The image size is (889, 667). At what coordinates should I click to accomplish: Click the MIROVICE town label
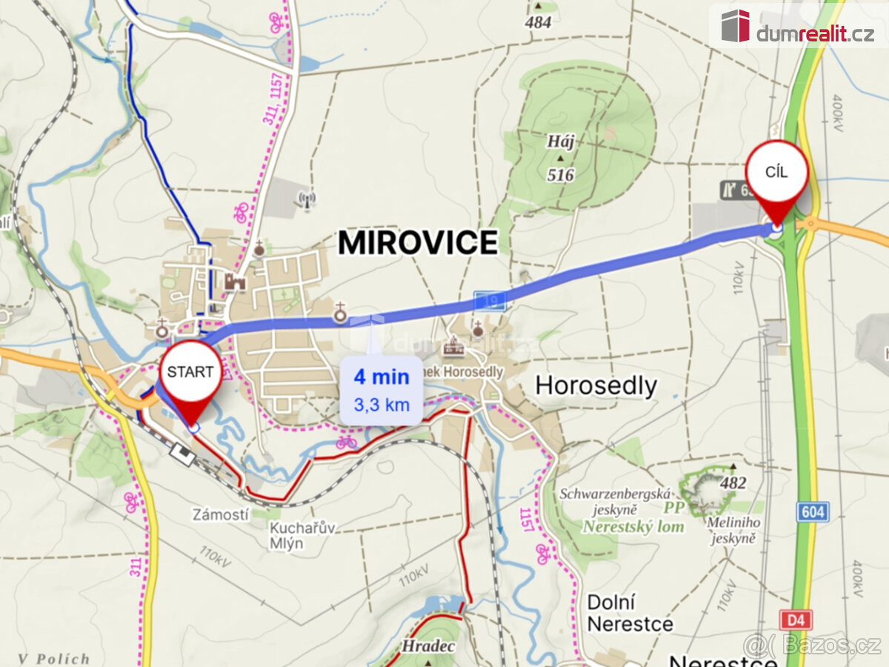point(418,243)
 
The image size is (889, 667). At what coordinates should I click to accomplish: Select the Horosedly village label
point(596,385)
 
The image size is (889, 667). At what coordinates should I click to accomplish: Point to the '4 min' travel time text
point(381,376)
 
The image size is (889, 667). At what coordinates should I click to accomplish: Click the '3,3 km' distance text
point(381,405)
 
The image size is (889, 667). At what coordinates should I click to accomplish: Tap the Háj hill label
point(561,142)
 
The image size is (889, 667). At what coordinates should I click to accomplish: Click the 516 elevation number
point(561,175)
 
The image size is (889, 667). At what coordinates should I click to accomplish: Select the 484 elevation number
point(538,22)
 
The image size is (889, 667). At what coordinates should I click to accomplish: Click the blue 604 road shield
point(812,511)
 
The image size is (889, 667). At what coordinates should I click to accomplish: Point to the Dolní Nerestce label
point(630,613)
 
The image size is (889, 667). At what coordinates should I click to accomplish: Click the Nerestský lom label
point(633,527)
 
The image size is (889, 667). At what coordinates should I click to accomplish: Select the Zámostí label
point(220,514)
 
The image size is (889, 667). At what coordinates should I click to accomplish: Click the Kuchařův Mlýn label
point(302,535)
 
